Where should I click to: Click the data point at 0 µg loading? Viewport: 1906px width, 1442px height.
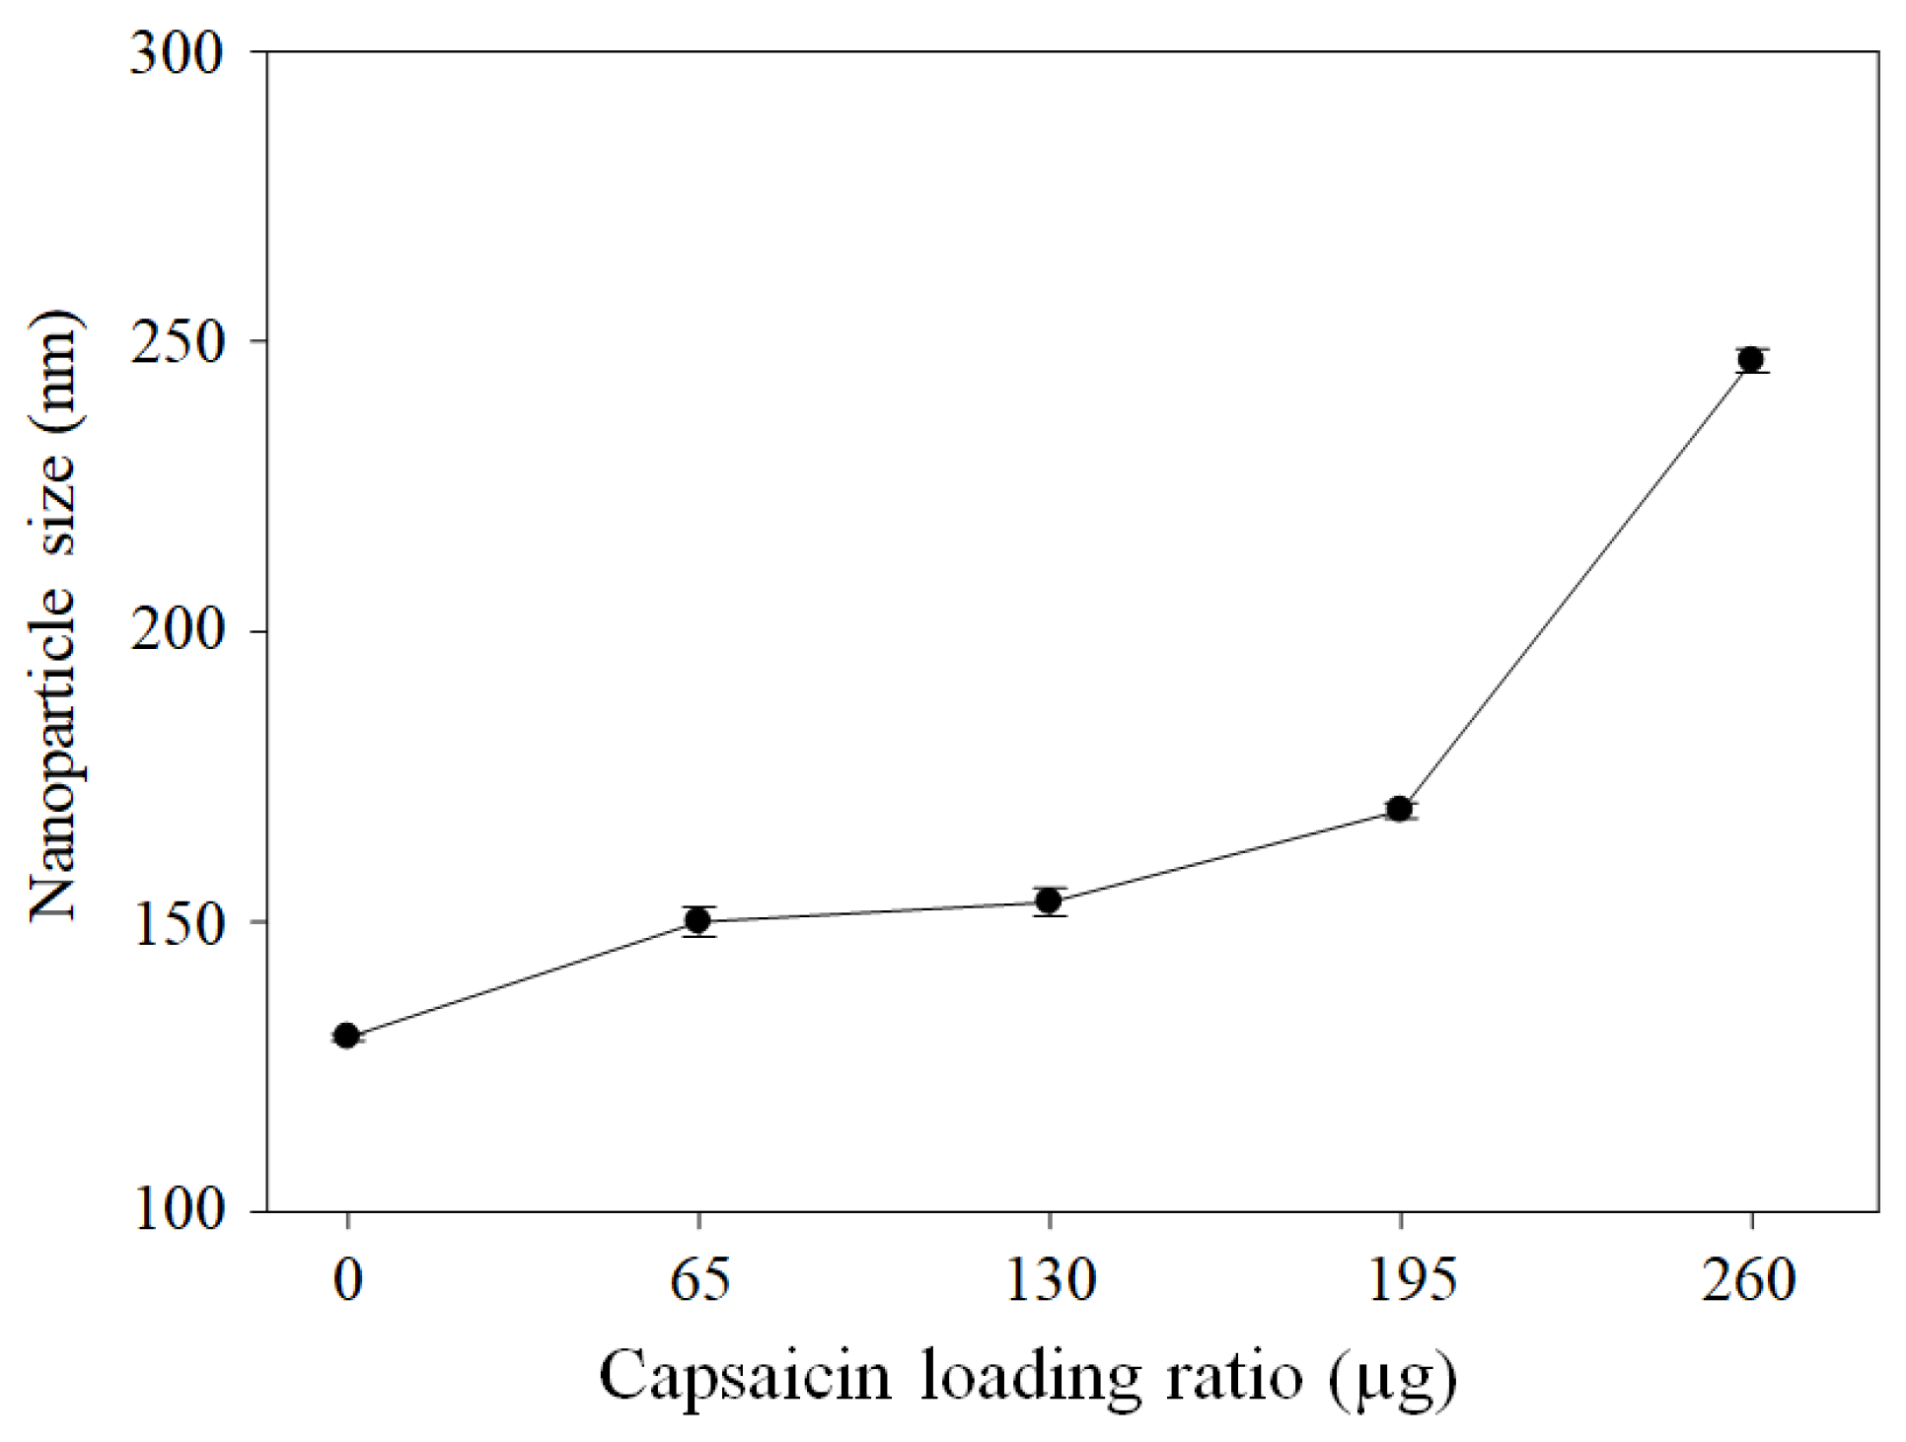tap(346, 1036)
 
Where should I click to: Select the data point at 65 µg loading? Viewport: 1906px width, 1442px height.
tap(698, 920)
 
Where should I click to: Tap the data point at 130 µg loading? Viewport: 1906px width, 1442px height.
tap(1049, 901)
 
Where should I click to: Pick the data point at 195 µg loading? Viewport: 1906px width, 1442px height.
tap(1399, 809)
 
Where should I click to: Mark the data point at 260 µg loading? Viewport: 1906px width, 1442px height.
tap(1751, 359)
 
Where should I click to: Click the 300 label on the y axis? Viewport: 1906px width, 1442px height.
tap(178, 53)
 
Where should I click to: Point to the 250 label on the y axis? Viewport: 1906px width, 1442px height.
tap(178, 342)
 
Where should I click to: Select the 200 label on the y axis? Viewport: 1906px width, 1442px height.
tap(178, 631)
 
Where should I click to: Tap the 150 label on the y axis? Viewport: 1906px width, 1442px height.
tap(178, 922)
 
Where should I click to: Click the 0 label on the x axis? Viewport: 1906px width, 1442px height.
tap(347, 1280)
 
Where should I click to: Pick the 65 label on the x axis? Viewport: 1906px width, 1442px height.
tap(699, 1280)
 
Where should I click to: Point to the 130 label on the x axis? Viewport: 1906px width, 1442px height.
tap(1050, 1280)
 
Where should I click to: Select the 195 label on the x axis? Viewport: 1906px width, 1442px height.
tap(1401, 1280)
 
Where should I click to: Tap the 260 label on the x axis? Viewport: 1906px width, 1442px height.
tap(1748, 1280)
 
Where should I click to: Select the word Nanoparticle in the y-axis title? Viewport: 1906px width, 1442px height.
tap(53, 755)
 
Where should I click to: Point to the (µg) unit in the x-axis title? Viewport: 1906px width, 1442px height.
tap(1392, 1379)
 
